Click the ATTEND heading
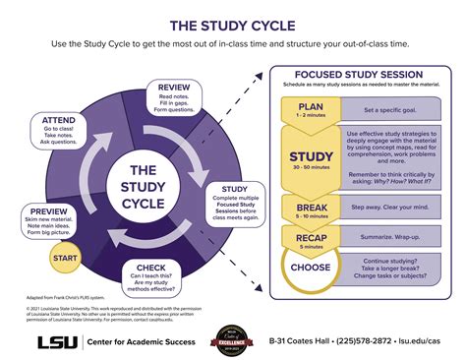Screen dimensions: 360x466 59,119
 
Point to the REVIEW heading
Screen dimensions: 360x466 173,88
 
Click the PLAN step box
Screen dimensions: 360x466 312,110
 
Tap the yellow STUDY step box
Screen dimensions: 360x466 312,157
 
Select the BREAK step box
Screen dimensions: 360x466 312,207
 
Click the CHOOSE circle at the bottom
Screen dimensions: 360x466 312,267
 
